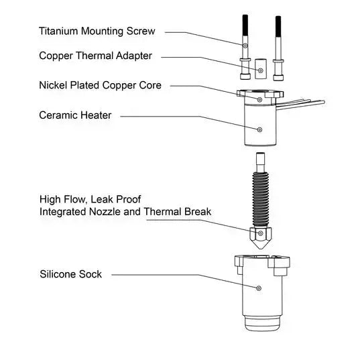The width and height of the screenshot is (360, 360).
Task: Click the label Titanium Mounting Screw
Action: (x=97, y=31)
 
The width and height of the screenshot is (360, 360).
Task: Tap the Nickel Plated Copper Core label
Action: (x=100, y=85)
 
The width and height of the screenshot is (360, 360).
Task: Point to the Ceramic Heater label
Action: (x=75, y=115)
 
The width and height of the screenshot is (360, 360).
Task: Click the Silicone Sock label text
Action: (x=70, y=274)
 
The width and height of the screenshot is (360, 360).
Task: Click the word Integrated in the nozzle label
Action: (x=66, y=212)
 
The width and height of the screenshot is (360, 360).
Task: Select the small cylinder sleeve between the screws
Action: (x=261, y=67)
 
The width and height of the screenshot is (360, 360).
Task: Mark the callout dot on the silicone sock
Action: (x=259, y=288)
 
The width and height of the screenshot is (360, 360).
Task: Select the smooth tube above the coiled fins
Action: (x=260, y=161)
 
